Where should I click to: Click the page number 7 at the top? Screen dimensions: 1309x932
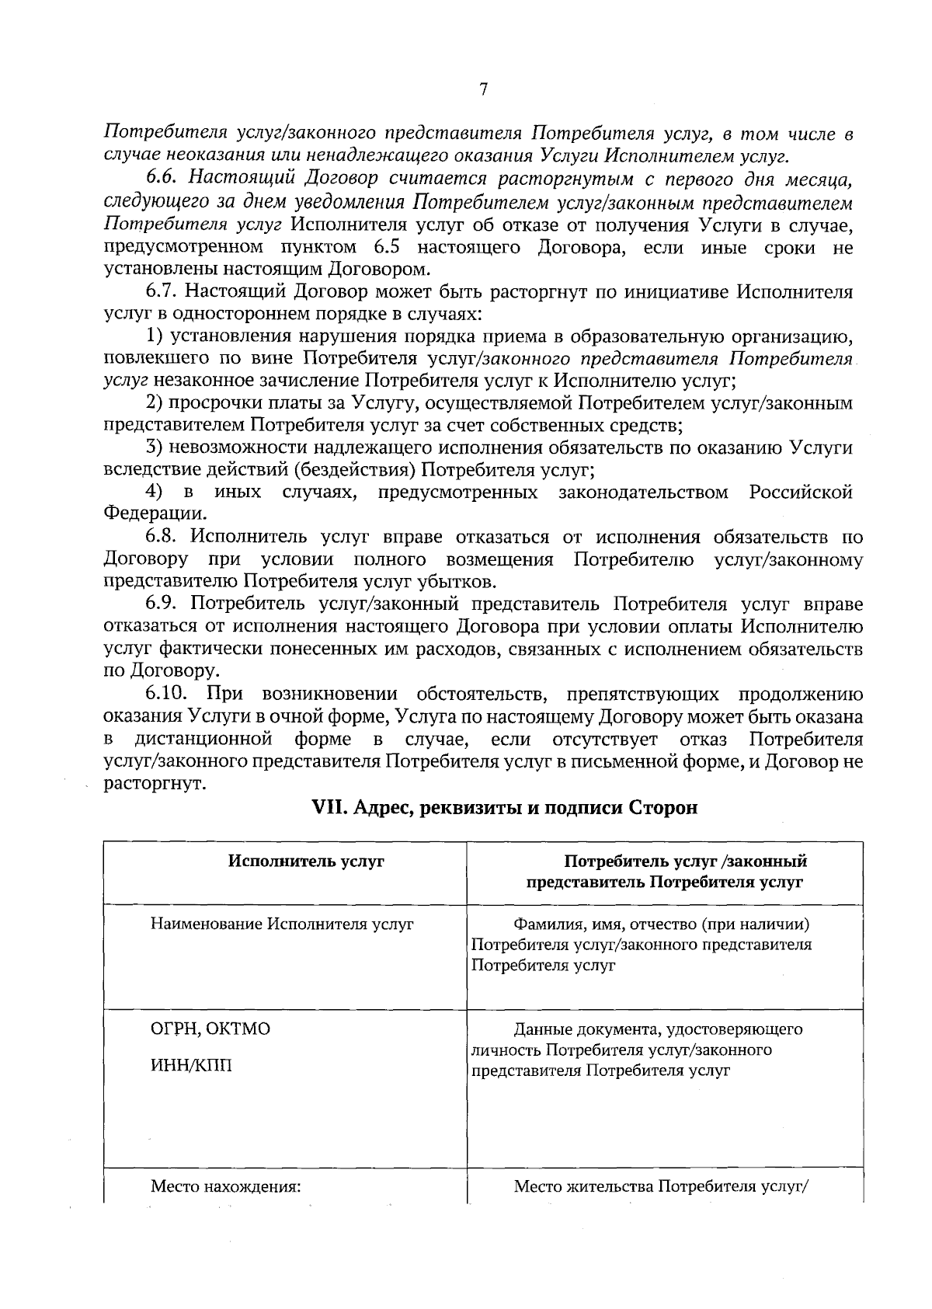pos(482,89)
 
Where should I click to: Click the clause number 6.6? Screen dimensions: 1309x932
pos(162,179)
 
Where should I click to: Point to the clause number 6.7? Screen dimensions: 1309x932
pos(162,292)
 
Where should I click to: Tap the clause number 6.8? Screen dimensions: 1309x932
pos(162,538)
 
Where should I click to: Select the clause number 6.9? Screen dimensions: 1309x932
pos(162,604)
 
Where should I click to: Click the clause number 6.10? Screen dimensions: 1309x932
pos(166,694)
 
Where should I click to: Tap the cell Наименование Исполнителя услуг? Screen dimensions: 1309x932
pos(282,924)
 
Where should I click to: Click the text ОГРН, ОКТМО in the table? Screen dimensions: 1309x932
pos(210,1029)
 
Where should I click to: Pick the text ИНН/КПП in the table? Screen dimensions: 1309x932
pos(191,1065)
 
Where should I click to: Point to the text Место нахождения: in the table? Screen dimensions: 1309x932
pos(225,1186)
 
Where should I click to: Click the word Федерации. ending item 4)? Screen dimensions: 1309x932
pos(156,514)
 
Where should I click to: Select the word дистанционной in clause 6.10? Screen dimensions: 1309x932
pos(203,738)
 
